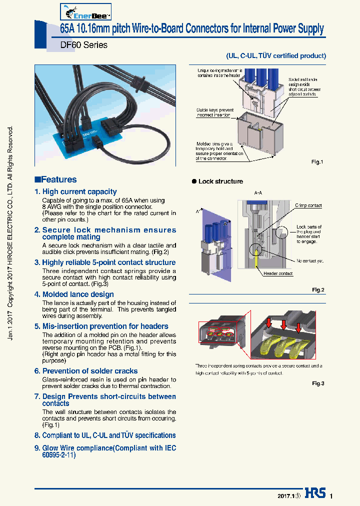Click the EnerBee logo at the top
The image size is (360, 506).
pyautogui.click(x=85, y=10)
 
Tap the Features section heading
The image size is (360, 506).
pyautogui.click(x=55, y=179)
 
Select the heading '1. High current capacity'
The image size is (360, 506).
pyautogui.click(x=75, y=191)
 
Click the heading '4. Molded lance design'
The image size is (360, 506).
pyautogui.click(x=74, y=294)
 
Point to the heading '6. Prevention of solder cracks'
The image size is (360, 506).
pyautogui.click(x=86, y=370)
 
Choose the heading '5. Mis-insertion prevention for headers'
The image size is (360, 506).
pyautogui.click(x=101, y=326)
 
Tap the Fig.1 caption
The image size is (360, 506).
pyautogui.click(x=317, y=162)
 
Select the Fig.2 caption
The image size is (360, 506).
pyautogui.click(x=318, y=290)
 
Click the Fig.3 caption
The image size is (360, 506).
pyautogui.click(x=318, y=383)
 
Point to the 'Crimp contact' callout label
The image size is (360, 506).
pyautogui.click(x=308, y=205)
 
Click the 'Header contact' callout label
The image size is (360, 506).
pyautogui.click(x=278, y=273)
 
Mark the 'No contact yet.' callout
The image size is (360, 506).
pyautogui.click(x=309, y=260)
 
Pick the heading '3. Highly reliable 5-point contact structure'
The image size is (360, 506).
pyautogui.click(x=105, y=262)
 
